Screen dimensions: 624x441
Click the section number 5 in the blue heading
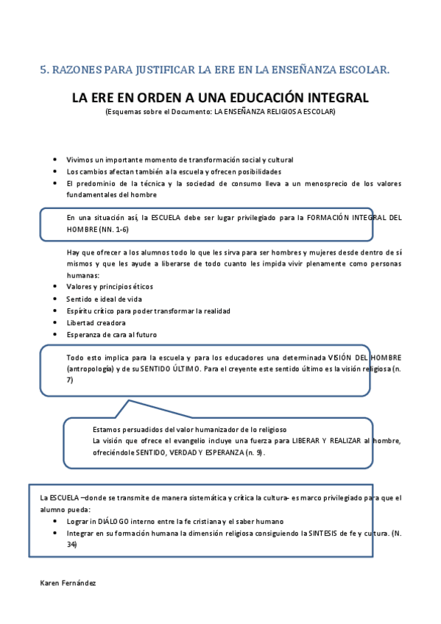point(43,70)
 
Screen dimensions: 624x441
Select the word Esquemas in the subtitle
point(124,112)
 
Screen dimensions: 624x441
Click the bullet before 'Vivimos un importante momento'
point(57,160)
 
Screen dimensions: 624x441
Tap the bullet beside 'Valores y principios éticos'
point(57,287)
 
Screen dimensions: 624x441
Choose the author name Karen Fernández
point(68,582)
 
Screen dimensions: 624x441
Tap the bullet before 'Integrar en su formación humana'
point(57,532)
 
